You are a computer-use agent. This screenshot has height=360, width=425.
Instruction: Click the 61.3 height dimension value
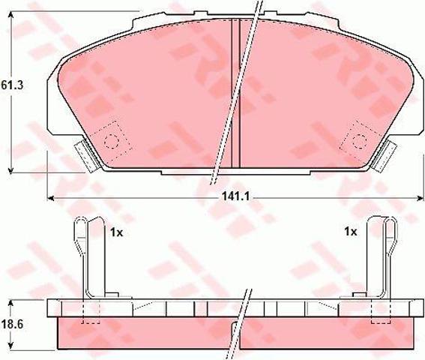(x=12, y=85)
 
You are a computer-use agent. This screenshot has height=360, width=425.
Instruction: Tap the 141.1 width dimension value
(x=235, y=196)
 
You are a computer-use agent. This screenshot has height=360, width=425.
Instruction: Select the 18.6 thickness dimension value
(x=12, y=324)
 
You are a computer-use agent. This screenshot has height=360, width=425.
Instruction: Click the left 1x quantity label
(x=116, y=232)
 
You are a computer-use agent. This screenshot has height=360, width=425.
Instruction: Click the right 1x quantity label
(x=351, y=232)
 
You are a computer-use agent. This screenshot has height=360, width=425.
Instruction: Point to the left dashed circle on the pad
(x=111, y=142)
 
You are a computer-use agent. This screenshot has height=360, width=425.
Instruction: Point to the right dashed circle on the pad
(x=360, y=141)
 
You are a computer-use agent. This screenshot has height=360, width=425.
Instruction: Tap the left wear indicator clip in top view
(x=86, y=157)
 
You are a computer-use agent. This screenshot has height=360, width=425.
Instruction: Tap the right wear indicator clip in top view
(x=385, y=156)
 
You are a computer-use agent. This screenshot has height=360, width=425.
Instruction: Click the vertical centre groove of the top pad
(x=235, y=93)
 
